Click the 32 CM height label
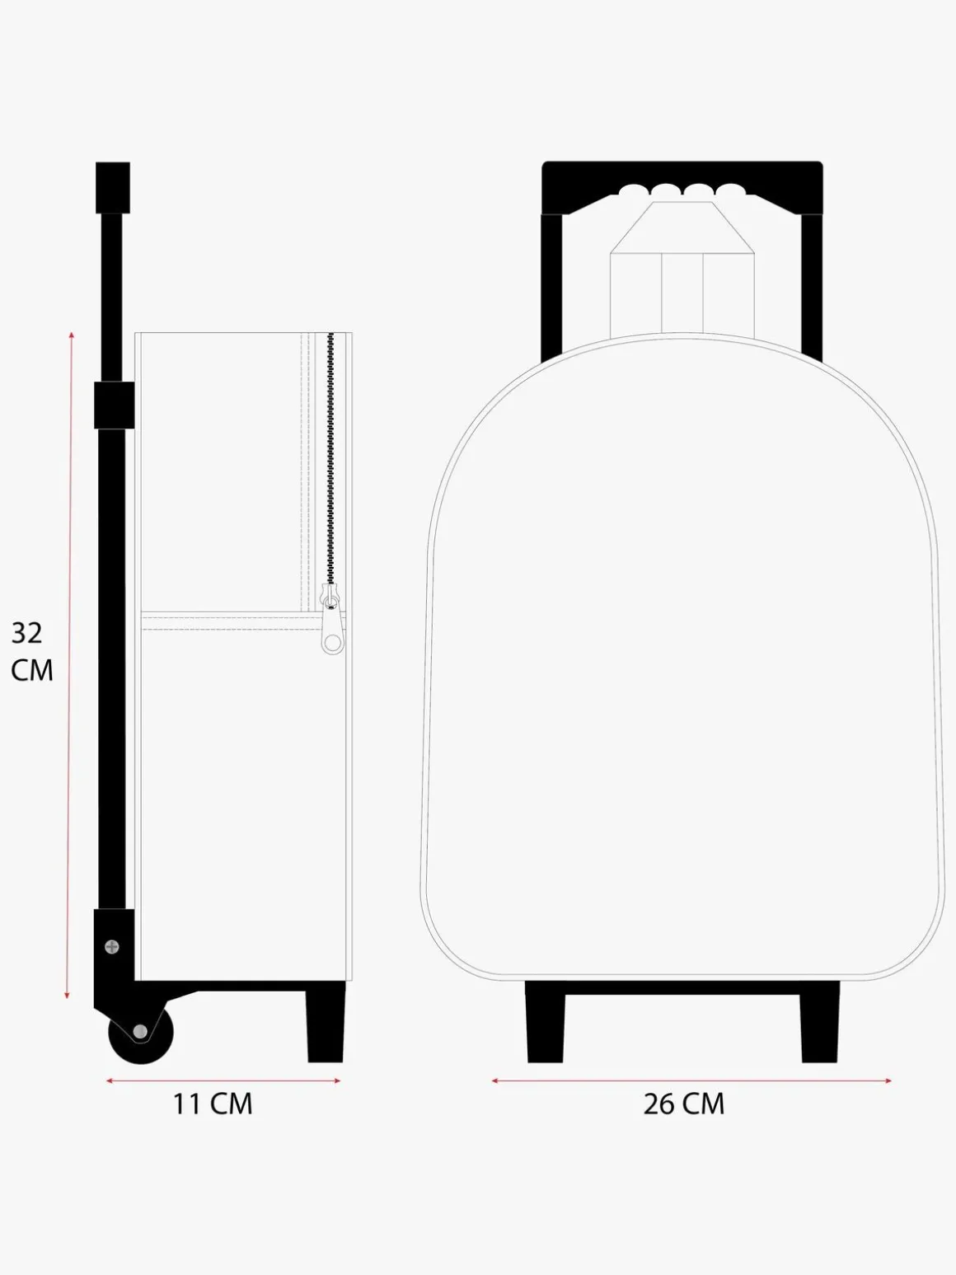(x=32, y=652)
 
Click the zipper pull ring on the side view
(x=332, y=643)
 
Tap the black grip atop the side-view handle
(x=113, y=188)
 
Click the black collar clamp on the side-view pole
(x=114, y=405)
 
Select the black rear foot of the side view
(x=326, y=1026)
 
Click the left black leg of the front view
(x=546, y=1026)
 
